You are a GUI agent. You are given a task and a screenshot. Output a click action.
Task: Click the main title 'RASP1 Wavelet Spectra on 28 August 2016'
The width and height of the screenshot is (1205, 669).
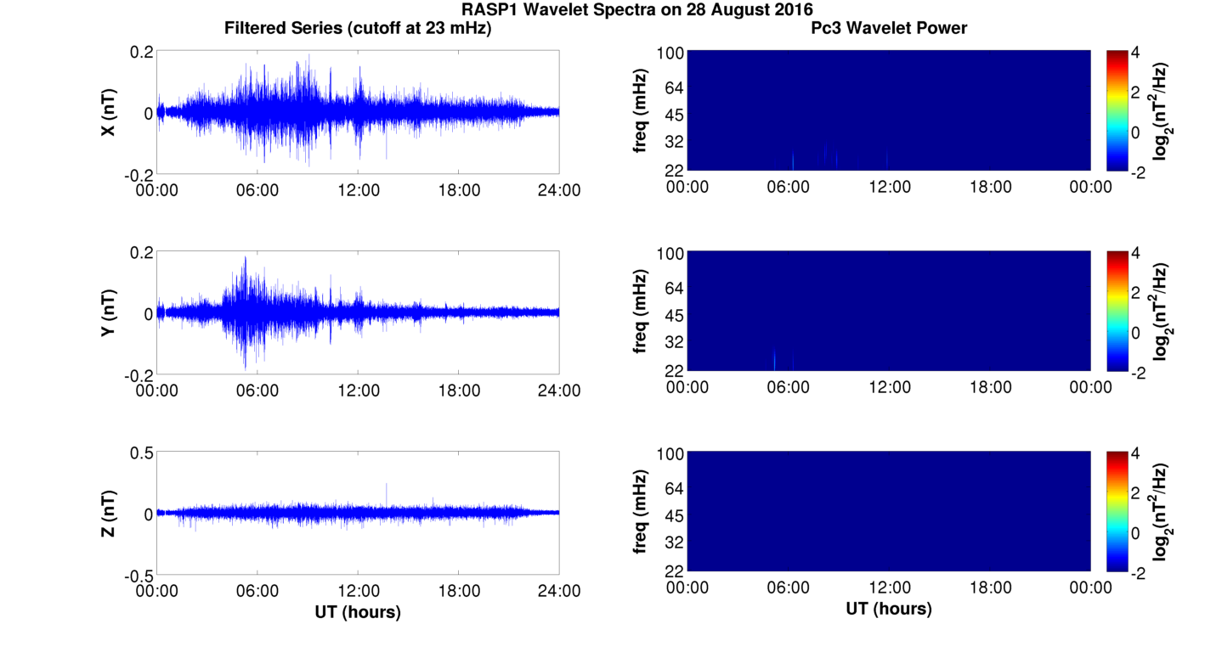(x=637, y=10)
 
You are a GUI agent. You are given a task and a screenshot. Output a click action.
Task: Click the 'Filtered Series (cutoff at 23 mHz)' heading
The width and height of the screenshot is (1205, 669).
(x=358, y=29)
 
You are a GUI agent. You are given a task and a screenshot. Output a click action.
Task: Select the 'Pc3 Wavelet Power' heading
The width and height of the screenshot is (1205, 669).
(x=889, y=29)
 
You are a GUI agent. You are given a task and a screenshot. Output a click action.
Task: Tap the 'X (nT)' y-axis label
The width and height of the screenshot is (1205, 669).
(x=109, y=112)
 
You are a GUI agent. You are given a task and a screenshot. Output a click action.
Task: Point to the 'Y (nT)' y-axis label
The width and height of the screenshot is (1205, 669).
(x=109, y=313)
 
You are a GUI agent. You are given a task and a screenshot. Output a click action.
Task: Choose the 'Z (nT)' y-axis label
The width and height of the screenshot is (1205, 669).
(x=109, y=514)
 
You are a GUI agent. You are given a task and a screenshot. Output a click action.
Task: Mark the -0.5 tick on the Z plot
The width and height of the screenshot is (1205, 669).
(x=138, y=575)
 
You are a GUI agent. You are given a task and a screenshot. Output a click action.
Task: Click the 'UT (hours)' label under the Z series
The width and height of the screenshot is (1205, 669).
(x=358, y=611)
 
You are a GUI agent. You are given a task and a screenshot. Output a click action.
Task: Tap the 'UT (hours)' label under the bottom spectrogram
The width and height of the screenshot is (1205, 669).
(x=889, y=609)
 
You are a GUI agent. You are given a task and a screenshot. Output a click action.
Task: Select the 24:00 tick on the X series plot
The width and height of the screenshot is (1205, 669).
(x=559, y=190)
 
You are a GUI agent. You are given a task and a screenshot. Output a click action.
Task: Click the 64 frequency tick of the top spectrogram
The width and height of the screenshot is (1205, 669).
(x=670, y=89)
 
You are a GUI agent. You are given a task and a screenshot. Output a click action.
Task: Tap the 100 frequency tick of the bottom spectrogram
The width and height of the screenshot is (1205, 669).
(x=668, y=454)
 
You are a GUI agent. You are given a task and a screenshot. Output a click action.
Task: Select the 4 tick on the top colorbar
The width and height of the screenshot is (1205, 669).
(x=1141, y=53)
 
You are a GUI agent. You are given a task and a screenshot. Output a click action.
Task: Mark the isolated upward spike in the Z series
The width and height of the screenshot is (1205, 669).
(x=387, y=486)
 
